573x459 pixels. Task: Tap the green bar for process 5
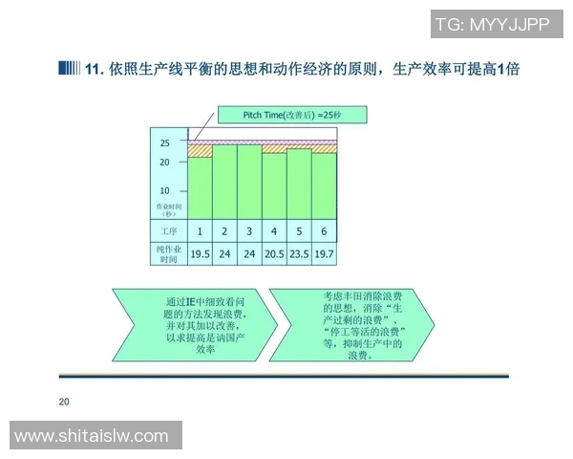pyautogui.click(x=299, y=184)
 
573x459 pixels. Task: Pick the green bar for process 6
pyautogui.click(x=324, y=186)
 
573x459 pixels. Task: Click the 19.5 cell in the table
pyautogui.click(x=200, y=253)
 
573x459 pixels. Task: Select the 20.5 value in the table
pyautogui.click(x=274, y=253)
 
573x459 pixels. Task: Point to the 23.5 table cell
pyautogui.click(x=299, y=253)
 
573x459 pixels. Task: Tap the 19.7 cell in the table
pyautogui.click(x=324, y=253)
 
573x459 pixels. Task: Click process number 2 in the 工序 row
pyautogui.click(x=224, y=231)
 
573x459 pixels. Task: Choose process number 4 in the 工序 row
pyautogui.click(x=274, y=231)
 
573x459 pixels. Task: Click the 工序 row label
pyautogui.click(x=168, y=231)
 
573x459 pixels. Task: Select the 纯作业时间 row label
pyautogui.click(x=168, y=253)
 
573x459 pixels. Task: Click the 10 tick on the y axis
pyautogui.click(x=164, y=190)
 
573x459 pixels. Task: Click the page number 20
pyautogui.click(x=64, y=401)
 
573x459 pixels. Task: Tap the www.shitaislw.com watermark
pyautogui.click(x=93, y=436)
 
